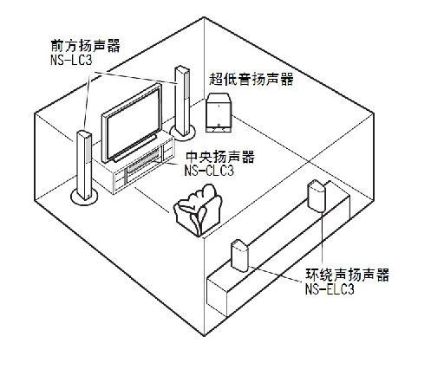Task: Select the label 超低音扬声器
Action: [251, 79]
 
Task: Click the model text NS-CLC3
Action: [210, 172]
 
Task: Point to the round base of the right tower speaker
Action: [183, 133]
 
